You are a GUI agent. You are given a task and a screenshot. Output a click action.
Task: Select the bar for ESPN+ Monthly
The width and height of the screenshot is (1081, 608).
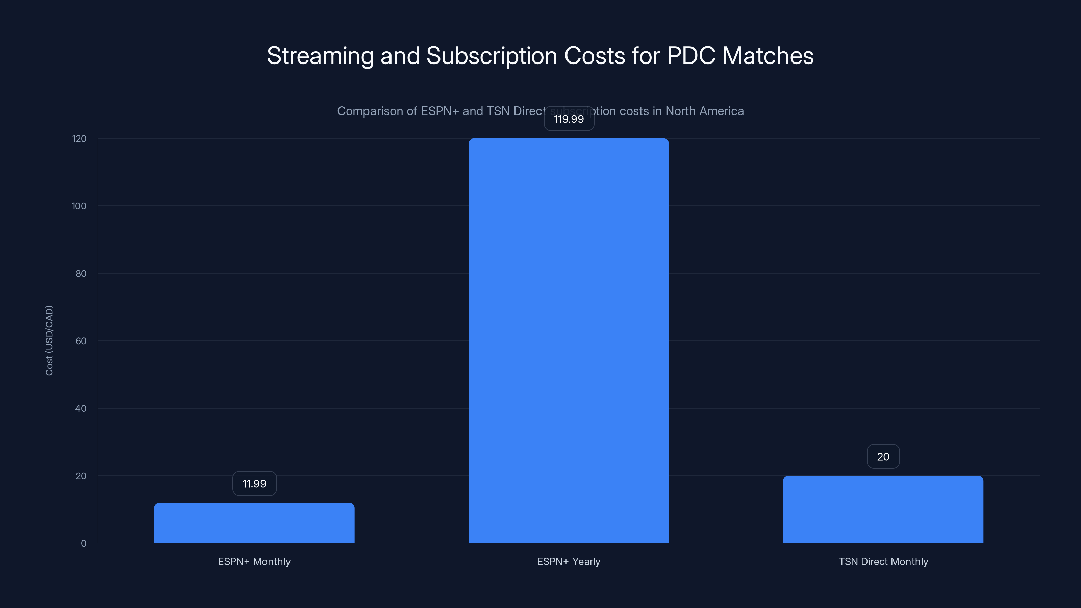(x=254, y=523)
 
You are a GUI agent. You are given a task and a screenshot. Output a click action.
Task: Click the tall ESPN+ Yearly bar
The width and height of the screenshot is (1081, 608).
(x=568, y=340)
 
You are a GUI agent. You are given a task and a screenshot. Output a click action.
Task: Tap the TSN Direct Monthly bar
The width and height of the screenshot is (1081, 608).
(x=883, y=509)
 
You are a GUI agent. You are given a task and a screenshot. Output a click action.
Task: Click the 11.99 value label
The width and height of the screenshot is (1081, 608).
(x=254, y=483)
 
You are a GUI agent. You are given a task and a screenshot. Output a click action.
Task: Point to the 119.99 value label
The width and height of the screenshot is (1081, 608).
(x=569, y=119)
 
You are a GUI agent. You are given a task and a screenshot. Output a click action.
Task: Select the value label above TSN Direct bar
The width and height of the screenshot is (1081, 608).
(x=883, y=457)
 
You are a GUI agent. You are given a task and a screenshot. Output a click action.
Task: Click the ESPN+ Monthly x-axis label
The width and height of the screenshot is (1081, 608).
(x=254, y=561)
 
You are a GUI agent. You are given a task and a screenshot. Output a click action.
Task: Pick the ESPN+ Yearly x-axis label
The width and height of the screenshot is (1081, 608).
(x=568, y=561)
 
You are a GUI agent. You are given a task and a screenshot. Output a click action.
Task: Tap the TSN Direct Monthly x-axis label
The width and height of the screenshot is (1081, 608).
(x=883, y=561)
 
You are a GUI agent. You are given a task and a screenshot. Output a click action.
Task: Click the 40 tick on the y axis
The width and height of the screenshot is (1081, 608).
(x=81, y=408)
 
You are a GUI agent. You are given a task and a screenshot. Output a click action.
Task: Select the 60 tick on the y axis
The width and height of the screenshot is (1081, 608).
(x=81, y=341)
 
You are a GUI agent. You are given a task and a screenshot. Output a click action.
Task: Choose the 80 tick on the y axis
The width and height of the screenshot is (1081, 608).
(x=81, y=274)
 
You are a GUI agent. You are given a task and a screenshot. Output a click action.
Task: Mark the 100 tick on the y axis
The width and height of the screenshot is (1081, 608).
(x=79, y=206)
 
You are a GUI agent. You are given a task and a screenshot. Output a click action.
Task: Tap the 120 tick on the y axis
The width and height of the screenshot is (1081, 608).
(x=79, y=138)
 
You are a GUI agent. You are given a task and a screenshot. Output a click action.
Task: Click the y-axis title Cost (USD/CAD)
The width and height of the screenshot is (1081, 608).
(x=49, y=340)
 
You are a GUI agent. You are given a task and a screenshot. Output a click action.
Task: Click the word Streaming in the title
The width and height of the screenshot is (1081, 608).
(x=320, y=56)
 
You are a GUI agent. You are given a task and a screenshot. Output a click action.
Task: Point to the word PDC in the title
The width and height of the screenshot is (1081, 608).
(x=691, y=56)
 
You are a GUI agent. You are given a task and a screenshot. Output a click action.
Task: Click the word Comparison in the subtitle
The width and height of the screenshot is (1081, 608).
(x=370, y=111)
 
